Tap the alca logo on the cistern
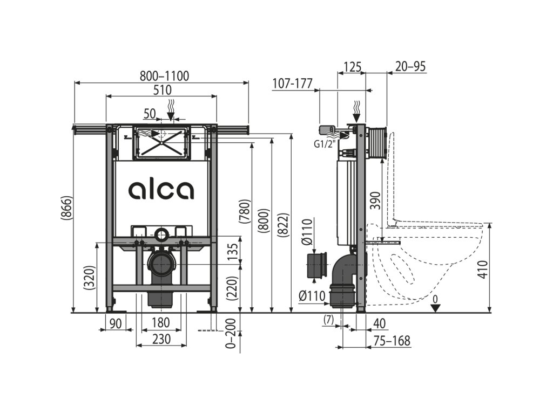tap(161, 190)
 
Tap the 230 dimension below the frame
tap(160, 339)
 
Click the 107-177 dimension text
tap(293, 84)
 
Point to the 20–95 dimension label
tap(410, 66)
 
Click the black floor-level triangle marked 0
tap(436, 308)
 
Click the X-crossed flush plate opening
tap(161, 141)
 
